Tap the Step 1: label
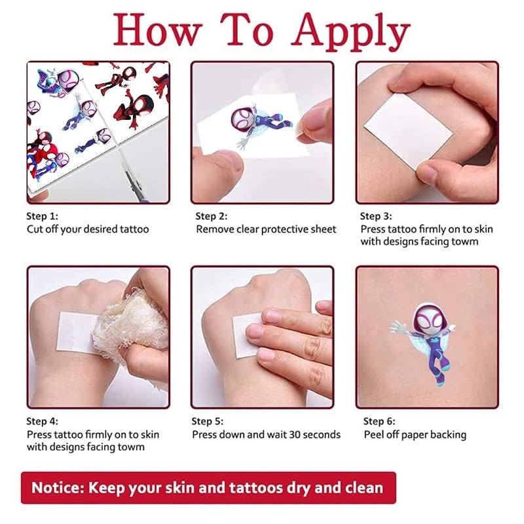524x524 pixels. point(42,216)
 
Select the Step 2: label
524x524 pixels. point(211,216)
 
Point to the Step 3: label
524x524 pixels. point(376,216)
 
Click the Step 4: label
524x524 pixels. point(42,421)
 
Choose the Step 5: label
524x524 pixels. point(207,421)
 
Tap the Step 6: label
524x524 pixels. point(379,421)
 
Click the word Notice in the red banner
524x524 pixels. point(58,487)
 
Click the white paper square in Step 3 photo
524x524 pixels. point(408,131)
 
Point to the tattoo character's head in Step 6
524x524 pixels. point(429,318)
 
